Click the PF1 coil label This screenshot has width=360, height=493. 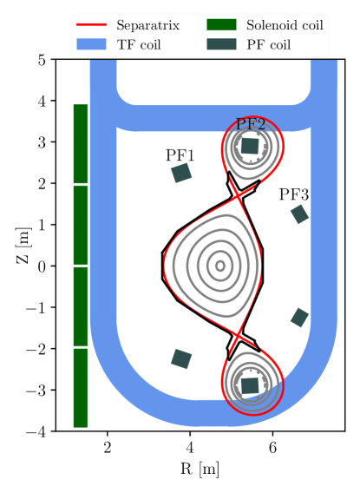point(180,155)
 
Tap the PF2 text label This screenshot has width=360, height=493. point(251,124)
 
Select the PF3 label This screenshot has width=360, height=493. point(294,194)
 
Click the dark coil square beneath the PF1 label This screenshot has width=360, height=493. point(181,173)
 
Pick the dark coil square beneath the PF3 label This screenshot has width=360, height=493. point(299,214)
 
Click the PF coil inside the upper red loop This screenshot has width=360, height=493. point(250,146)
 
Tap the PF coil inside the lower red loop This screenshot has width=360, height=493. point(250,385)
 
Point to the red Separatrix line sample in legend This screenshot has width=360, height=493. point(91,25)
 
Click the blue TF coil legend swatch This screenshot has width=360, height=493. point(91,44)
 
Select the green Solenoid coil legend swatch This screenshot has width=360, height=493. point(221,25)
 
